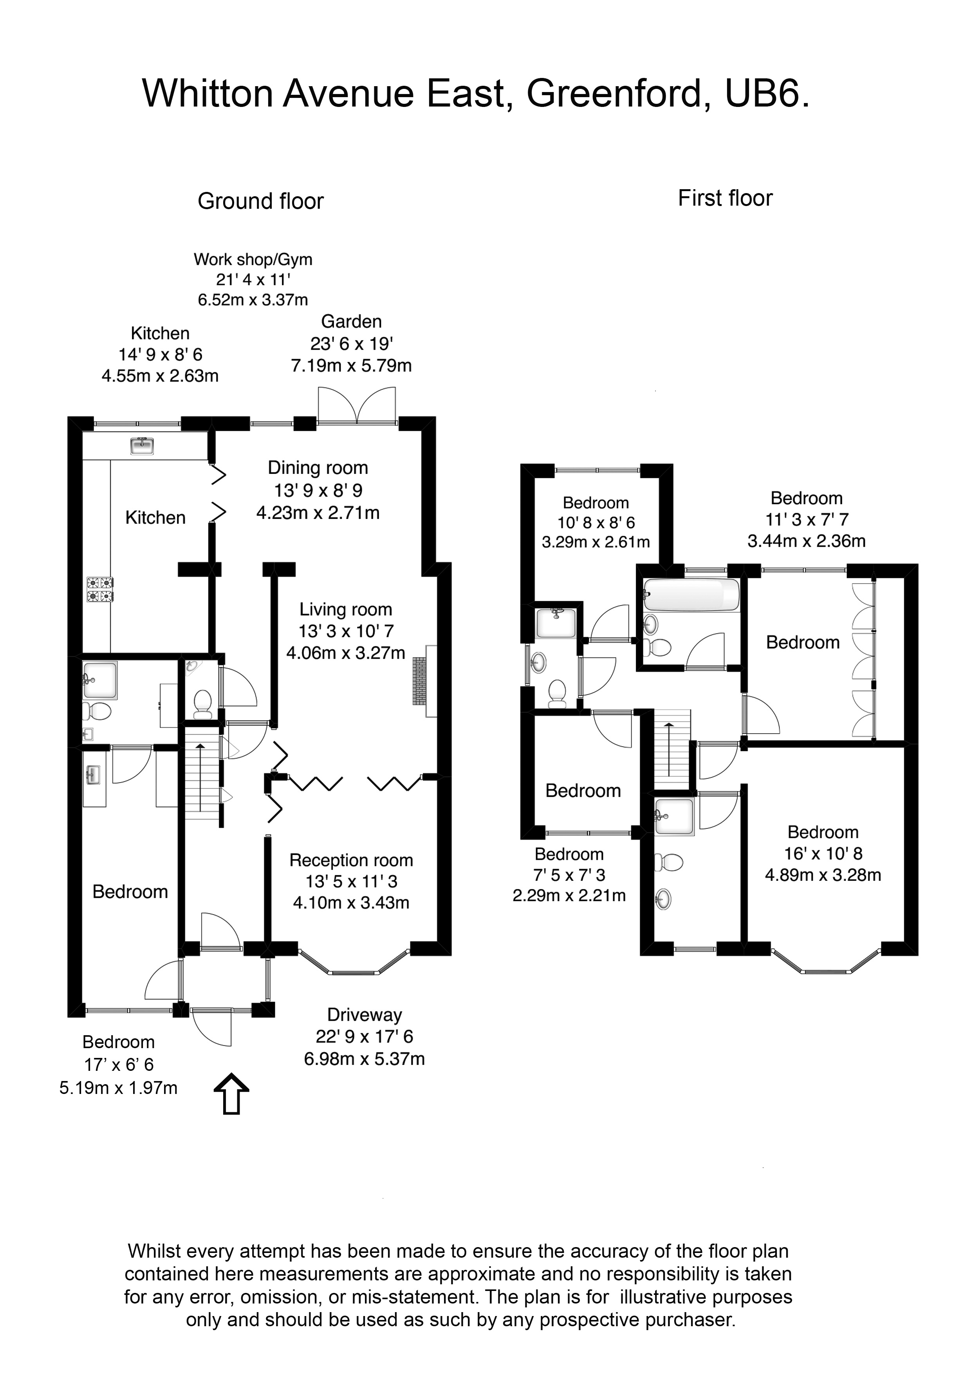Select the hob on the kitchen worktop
100,588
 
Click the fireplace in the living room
421,681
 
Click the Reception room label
351,860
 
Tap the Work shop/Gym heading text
253,259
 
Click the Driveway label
365,1014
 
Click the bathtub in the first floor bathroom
691,594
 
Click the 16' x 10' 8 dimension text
823,853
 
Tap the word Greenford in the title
613,93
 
